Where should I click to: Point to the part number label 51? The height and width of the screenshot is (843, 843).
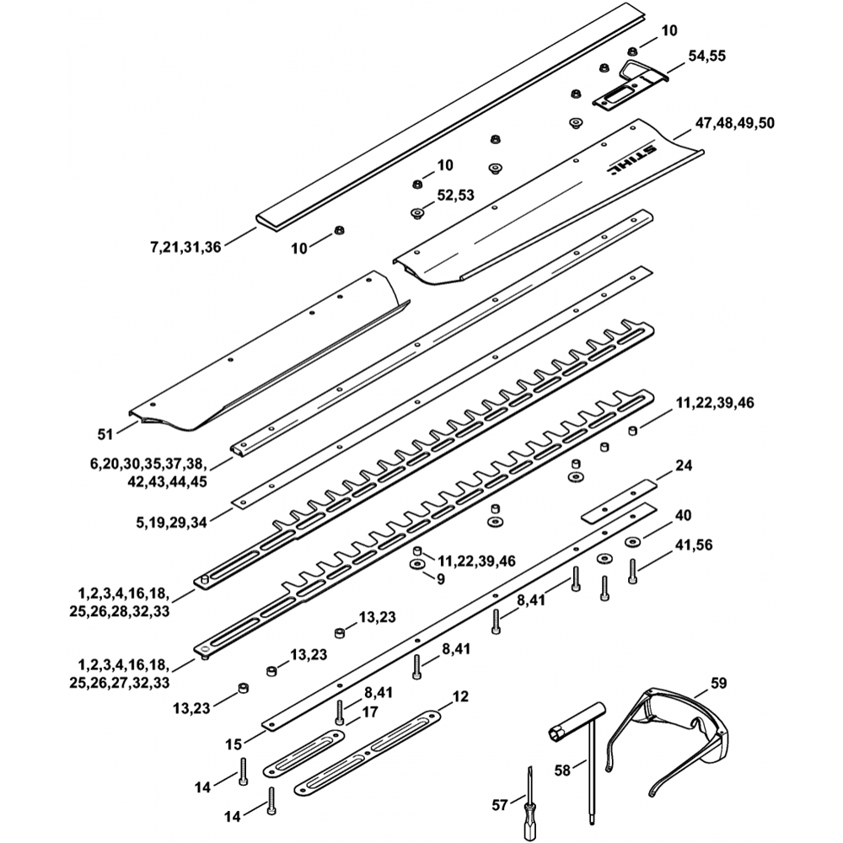pos(105,434)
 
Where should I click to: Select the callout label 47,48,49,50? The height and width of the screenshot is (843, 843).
pos(734,123)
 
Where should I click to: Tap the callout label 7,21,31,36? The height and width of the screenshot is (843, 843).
pos(185,247)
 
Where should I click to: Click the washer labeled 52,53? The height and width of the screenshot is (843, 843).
pos(416,213)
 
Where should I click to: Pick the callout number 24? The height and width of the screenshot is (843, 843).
pos(683,464)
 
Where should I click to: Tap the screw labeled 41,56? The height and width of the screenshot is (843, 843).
pos(633,573)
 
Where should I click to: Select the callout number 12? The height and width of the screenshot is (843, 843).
pos(460,696)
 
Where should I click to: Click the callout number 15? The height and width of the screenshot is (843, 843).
pos(234,744)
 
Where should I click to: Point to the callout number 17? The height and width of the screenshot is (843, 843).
pos(370,711)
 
